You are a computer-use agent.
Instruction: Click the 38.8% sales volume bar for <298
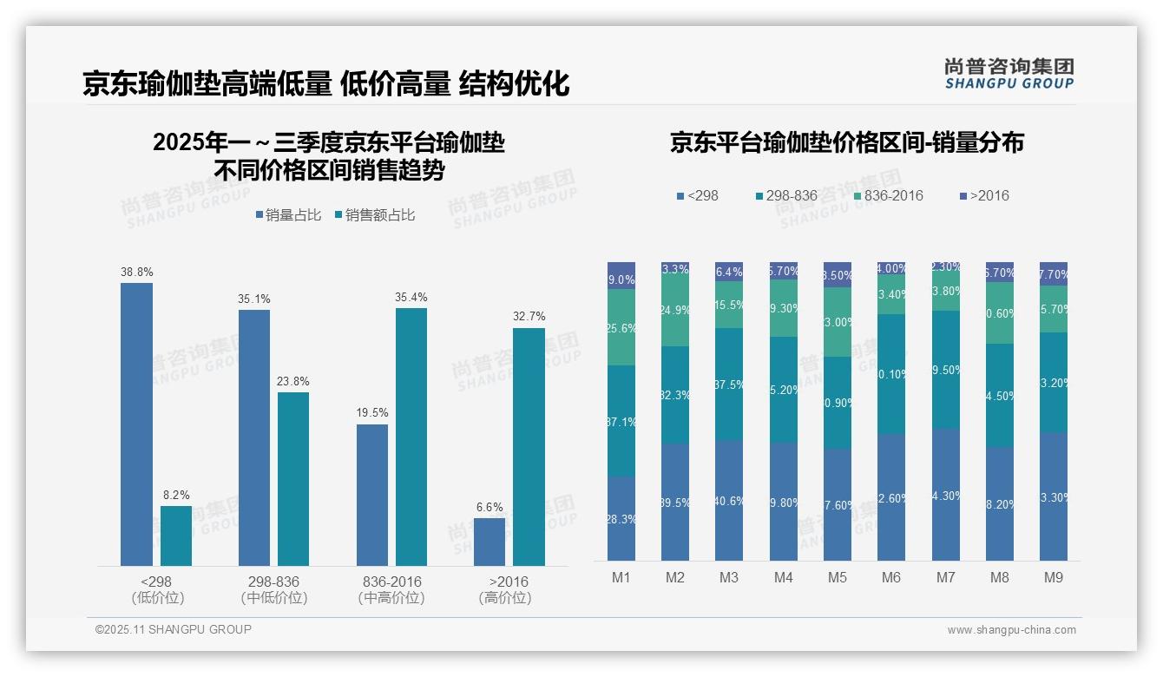136,424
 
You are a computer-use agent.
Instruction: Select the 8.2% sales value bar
176,536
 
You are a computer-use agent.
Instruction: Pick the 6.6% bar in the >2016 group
490,542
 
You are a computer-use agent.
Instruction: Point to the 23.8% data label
293,381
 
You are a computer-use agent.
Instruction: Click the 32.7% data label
529,317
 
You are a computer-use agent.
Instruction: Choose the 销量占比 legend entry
288,215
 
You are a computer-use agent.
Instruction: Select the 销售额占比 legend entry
374,215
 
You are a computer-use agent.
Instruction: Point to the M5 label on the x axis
838,577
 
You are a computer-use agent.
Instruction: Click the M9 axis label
1053,577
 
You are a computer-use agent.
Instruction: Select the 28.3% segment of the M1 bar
621,518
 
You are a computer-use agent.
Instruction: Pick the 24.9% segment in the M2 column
675,309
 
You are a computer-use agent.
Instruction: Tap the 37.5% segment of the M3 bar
729,384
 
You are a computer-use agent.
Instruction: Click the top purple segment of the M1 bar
621,275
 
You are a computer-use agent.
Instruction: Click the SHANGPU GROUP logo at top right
1009,74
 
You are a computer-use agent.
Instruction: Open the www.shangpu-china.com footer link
1011,630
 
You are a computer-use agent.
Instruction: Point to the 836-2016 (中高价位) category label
391,589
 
